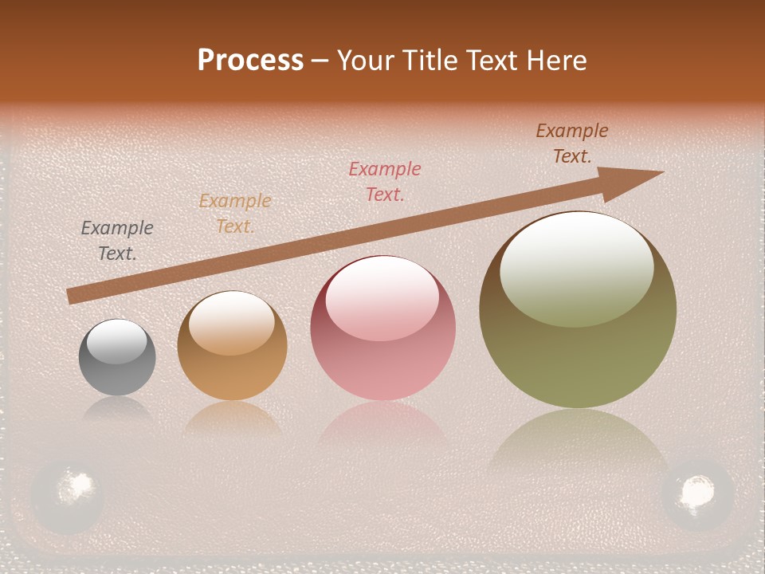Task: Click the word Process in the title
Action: [250, 61]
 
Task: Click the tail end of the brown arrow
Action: [70, 297]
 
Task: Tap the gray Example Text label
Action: [117, 241]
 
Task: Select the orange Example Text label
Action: [235, 214]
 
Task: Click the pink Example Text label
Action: [385, 181]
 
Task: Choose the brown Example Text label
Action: [572, 143]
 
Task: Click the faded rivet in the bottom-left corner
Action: [68, 493]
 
